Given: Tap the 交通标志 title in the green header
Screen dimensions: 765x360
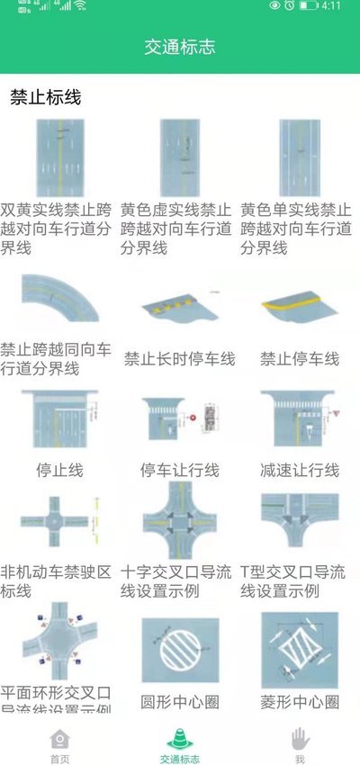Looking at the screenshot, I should tap(180, 47).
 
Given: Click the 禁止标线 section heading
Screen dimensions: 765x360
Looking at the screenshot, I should tap(46, 97).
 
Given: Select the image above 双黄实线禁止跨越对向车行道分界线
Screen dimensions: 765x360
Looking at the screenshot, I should tap(59, 157).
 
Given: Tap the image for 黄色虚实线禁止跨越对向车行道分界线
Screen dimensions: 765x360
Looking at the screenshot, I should tap(179, 157).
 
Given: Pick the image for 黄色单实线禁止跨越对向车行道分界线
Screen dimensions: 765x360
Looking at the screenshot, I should tap(300, 157).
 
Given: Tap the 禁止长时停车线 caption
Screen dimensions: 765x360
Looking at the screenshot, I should tap(179, 359).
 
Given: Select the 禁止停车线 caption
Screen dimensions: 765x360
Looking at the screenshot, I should tap(300, 359).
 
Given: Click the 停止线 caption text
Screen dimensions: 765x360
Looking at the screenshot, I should tap(59, 470).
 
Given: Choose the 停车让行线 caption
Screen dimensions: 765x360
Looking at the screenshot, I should tap(179, 470).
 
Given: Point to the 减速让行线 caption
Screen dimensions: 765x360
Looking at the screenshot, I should tap(300, 470).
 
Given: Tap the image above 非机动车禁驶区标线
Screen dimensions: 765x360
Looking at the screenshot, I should tap(59, 522).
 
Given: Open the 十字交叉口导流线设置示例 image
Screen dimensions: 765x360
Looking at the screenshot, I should tap(179, 522).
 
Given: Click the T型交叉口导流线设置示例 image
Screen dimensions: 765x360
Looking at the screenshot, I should tap(300, 522).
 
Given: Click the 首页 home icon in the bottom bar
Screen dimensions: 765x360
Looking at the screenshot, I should tap(59, 737).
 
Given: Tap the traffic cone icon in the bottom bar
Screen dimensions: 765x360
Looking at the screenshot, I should tap(180, 737).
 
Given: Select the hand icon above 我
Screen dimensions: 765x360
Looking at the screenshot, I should tap(300, 737).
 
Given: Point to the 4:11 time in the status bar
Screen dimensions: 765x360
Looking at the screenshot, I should tap(331, 5).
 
